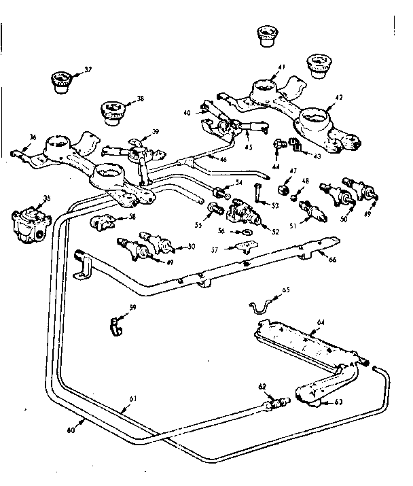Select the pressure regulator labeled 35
(26, 223)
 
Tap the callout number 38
(140, 99)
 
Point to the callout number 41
(282, 68)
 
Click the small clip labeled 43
(295, 144)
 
